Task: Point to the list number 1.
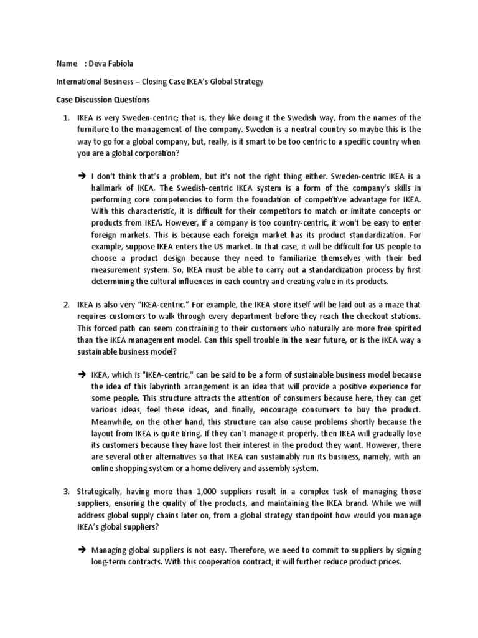pos(65,118)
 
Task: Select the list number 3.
pos(65,492)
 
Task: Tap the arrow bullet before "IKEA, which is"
pos(83,375)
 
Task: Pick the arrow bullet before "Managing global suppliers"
pos(83,550)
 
